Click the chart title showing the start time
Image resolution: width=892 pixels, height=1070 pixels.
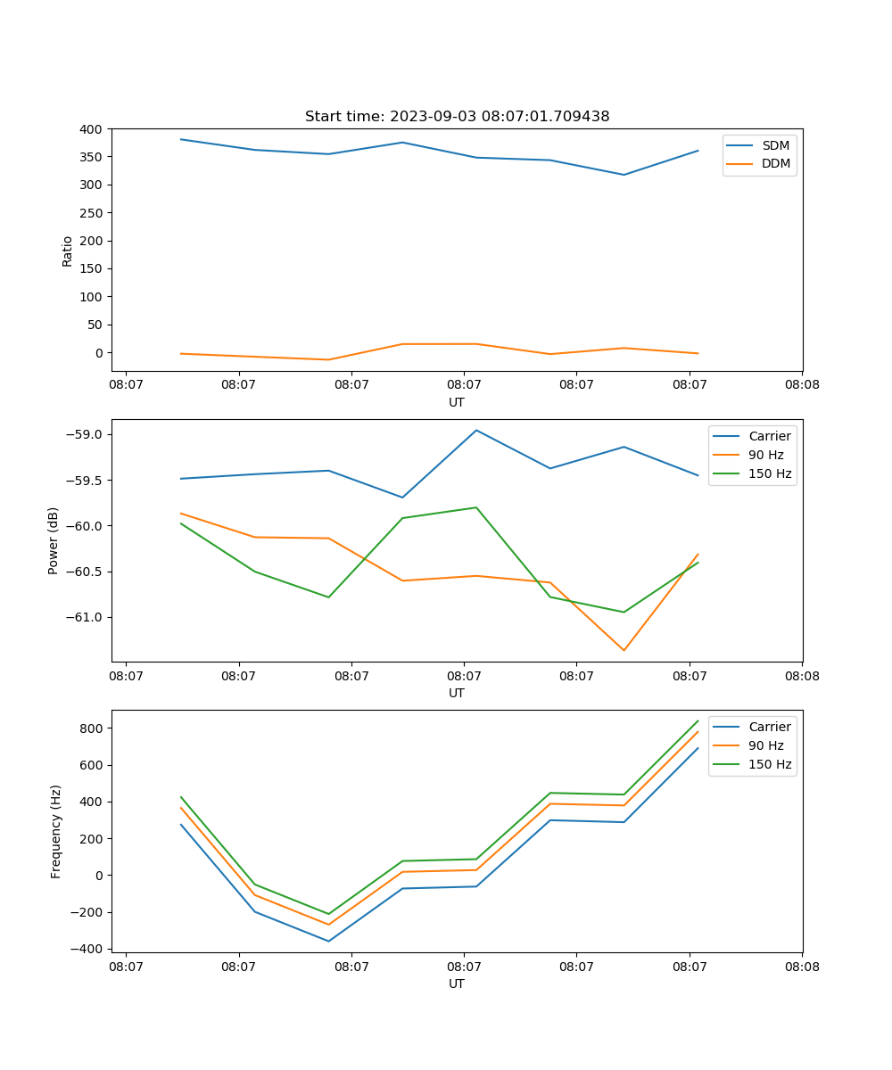tap(457, 117)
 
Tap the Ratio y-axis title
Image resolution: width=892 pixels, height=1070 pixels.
tap(68, 251)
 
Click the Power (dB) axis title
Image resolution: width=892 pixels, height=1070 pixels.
tap(54, 540)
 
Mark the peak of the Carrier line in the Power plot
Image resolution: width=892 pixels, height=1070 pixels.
tap(476, 430)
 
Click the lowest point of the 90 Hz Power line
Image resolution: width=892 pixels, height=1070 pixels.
tap(624, 650)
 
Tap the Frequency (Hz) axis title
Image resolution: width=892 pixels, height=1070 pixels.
tap(56, 831)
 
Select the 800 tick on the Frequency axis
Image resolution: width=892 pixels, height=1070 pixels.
tap(92, 728)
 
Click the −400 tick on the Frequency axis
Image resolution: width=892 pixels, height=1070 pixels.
tap(88, 949)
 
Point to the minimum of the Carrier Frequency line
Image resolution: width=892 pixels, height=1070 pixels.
tap(328, 941)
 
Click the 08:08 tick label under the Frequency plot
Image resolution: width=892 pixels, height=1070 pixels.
tap(801, 966)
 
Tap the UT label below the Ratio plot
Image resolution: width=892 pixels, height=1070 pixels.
tap(457, 402)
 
